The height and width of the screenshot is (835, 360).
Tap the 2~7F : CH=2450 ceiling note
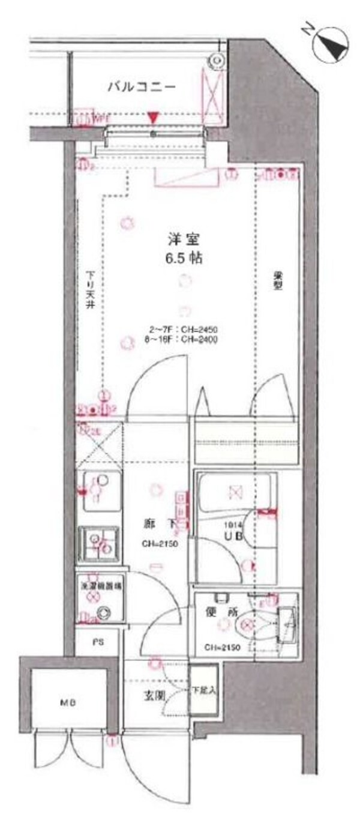click(x=184, y=330)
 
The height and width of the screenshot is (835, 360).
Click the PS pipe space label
click(x=97, y=642)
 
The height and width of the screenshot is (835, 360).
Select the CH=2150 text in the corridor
click(x=160, y=544)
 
